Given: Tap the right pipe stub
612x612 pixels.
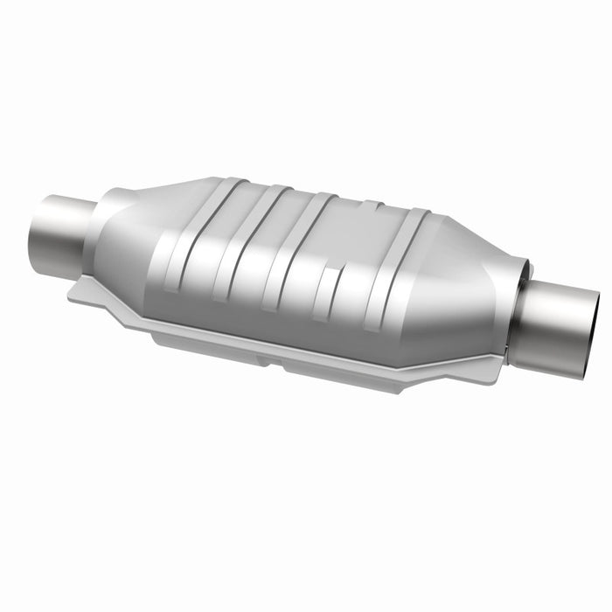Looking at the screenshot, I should click(x=560, y=325).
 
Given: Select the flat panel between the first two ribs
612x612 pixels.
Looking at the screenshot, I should click(x=217, y=240).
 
